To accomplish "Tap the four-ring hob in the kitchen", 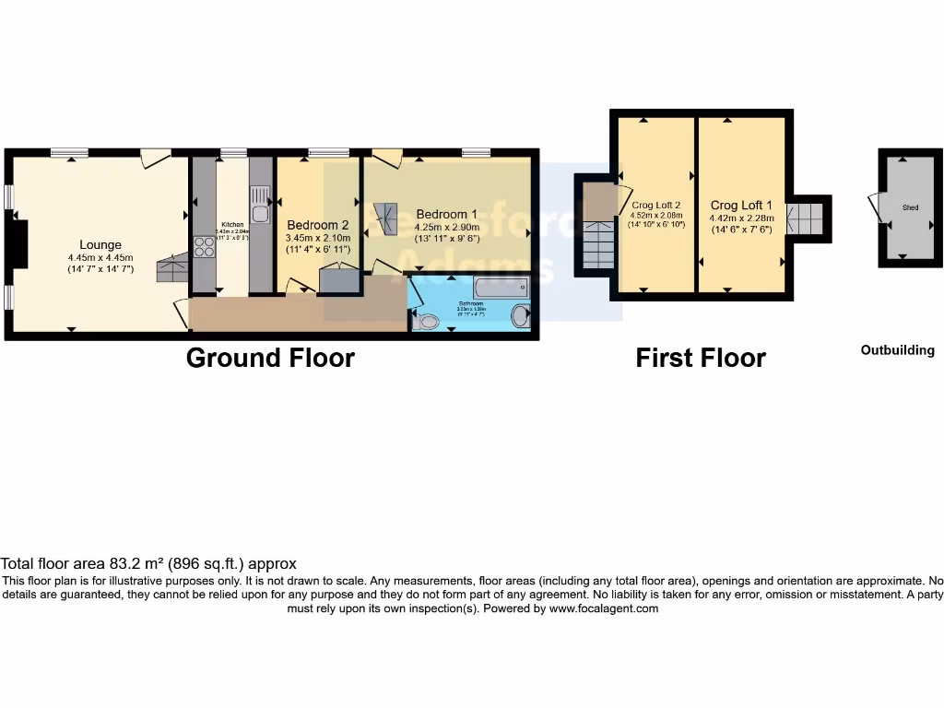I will [204, 247].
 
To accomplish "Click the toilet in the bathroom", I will [426, 322].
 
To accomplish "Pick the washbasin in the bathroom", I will [521, 316].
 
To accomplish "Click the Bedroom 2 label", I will [317, 224].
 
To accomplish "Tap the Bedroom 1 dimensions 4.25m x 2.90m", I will [446, 227].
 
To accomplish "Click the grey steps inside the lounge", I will [171, 269].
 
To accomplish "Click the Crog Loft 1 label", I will [741, 205].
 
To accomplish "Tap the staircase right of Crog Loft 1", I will [808, 219].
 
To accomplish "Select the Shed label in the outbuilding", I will [909, 208].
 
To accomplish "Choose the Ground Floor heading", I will [270, 358].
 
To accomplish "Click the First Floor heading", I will [701, 358].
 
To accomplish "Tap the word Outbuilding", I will [897, 350].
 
